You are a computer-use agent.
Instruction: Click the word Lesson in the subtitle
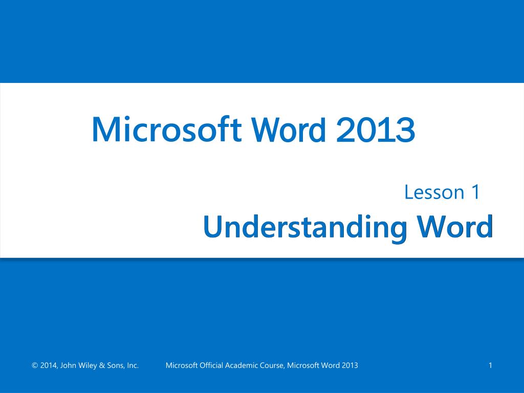pyautogui.click(x=427, y=192)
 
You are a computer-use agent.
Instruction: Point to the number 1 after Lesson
pyautogui.click(x=475, y=192)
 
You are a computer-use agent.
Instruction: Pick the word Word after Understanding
pyautogui.click(x=455, y=226)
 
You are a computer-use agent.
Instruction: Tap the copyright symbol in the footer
pyautogui.click(x=35, y=365)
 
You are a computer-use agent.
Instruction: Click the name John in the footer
pyautogui.click(x=69, y=365)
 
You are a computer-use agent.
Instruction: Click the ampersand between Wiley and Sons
pyautogui.click(x=102, y=365)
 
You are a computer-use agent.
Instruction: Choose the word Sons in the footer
pyautogui.click(x=115, y=365)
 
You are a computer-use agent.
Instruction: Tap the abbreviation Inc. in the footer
pyautogui.click(x=133, y=365)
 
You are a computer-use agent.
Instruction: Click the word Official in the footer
pyautogui.click(x=211, y=365)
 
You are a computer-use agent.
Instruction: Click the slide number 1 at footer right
pyautogui.click(x=490, y=365)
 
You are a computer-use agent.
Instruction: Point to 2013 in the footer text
pyautogui.click(x=350, y=365)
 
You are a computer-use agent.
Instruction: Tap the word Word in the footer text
pyautogui.click(x=330, y=365)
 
